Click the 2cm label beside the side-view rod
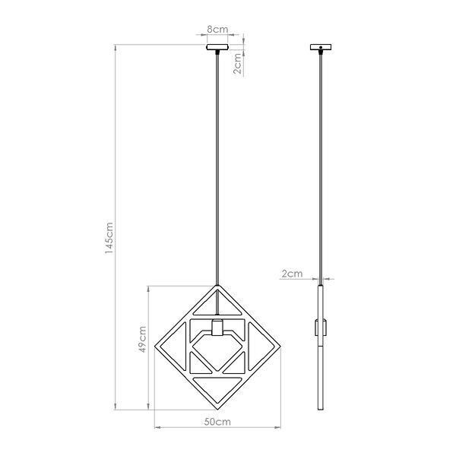(292, 273)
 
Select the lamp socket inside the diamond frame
(218, 329)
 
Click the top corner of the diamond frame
(218, 287)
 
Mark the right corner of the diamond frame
(280, 348)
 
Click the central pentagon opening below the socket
(218, 357)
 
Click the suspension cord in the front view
(218, 167)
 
